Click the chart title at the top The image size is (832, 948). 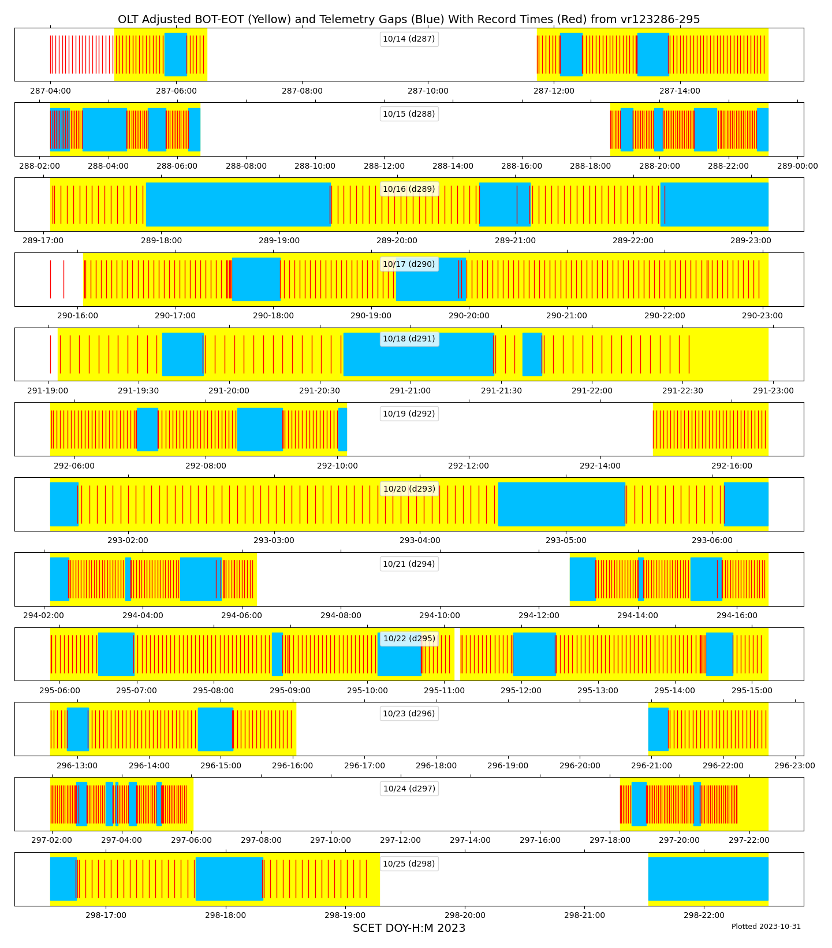click(x=409, y=19)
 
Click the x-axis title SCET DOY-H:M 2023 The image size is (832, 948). click(x=409, y=928)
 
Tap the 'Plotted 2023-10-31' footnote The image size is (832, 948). click(x=766, y=926)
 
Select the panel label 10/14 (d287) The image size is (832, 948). click(x=409, y=39)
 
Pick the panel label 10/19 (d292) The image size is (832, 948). click(x=409, y=414)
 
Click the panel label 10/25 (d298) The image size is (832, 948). click(x=409, y=864)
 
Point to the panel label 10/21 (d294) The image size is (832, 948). click(x=409, y=564)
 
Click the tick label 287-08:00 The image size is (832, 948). click(x=302, y=91)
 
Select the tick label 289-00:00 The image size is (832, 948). click(x=797, y=166)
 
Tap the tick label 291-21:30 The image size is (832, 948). click(x=501, y=391)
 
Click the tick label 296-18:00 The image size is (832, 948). click(x=436, y=765)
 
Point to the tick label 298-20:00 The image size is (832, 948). click(x=465, y=915)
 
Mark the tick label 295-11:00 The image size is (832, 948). click(x=444, y=690)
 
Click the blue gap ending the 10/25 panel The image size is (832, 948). click(x=708, y=879)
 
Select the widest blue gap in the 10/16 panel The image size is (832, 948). click(x=238, y=204)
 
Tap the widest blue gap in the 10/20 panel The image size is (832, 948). click(x=561, y=504)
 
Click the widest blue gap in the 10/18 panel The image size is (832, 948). click(x=419, y=354)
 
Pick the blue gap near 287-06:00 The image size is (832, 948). click(x=176, y=54)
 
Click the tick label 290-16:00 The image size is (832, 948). click(x=77, y=315)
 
